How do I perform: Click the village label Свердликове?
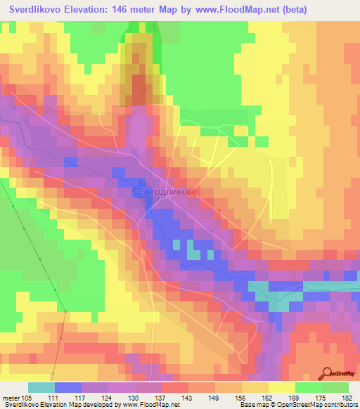tap(165, 190)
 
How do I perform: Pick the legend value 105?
tap(27, 397)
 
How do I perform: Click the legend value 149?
tap(214, 397)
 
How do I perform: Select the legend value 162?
tap(268, 397)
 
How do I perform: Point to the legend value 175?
tap(321, 397)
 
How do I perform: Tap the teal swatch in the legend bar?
tap(41, 387)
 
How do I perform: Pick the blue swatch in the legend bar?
tap(67, 387)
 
